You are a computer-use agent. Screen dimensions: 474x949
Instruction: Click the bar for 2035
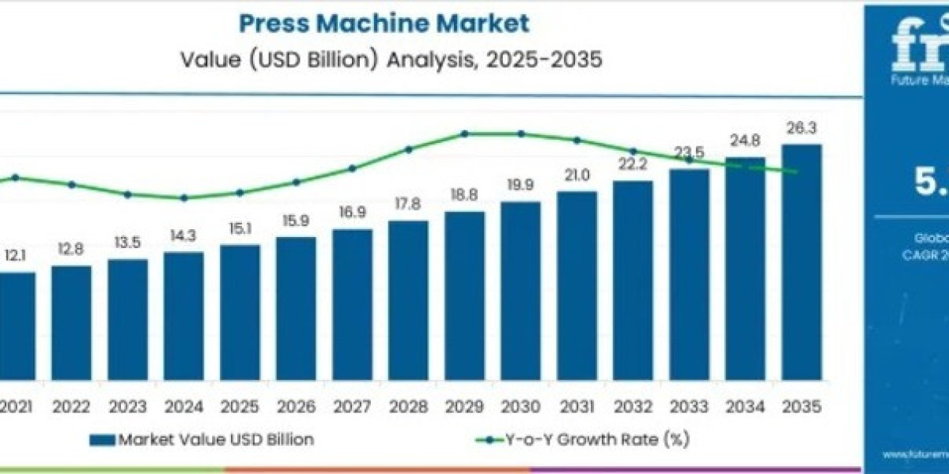point(801,261)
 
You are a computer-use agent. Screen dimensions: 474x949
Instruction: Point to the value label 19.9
point(520,185)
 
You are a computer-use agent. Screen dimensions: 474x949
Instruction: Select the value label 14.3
point(183,235)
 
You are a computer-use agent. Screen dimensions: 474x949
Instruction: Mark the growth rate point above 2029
point(464,134)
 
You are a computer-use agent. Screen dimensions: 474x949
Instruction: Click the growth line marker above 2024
point(183,197)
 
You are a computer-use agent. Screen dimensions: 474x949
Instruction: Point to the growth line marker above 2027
point(352,167)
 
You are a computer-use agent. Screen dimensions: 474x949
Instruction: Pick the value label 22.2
point(633,164)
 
